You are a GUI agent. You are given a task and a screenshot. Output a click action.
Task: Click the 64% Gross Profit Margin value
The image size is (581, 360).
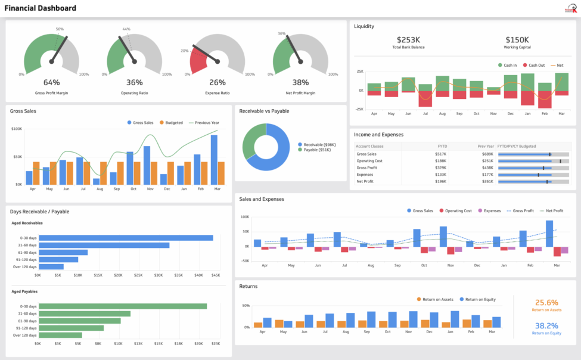tap(51, 82)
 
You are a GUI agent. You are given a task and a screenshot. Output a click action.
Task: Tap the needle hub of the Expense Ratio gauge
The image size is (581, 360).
tap(217, 61)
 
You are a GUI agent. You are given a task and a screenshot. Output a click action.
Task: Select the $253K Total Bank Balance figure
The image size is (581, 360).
tap(408, 39)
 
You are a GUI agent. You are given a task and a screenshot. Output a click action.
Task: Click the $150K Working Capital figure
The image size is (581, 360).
tap(517, 39)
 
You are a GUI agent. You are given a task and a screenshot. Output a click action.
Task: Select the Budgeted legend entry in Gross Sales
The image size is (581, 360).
tap(173, 123)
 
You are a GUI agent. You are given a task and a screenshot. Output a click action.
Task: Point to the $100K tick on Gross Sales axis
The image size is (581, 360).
tap(17, 129)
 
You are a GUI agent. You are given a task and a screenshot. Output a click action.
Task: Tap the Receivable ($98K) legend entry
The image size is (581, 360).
tap(319, 144)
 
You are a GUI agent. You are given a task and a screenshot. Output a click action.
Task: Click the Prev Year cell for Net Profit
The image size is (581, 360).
tap(487, 181)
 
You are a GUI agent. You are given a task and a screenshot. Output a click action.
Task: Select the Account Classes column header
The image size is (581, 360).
tap(370, 146)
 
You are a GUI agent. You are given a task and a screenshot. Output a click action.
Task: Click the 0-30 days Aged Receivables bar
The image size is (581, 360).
tap(125, 238)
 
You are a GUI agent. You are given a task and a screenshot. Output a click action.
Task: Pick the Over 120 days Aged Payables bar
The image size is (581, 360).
tap(60, 335)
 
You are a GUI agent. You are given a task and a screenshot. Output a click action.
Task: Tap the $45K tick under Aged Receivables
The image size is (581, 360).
tap(216, 275)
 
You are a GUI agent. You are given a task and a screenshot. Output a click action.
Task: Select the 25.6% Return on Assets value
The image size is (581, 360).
tap(546, 303)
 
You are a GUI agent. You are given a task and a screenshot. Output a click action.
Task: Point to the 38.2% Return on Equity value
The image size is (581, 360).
tap(546, 326)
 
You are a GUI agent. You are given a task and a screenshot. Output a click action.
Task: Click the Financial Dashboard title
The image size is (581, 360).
tap(41, 8)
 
